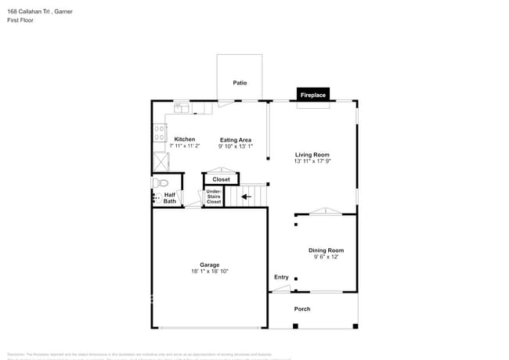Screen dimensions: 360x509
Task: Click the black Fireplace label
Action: click(313, 95)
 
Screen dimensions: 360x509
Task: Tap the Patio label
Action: click(240, 82)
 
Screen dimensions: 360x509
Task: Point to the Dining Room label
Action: click(326, 250)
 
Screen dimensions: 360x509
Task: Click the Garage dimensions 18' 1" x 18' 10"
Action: click(209, 272)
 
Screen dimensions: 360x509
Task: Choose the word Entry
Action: click(281, 277)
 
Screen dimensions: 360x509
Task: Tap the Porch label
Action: click(302, 309)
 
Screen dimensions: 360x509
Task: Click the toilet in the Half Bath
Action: click(155, 182)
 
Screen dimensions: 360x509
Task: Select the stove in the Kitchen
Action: click(160, 132)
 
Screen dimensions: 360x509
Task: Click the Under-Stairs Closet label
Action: click(214, 196)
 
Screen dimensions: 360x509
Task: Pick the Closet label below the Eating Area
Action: click(222, 179)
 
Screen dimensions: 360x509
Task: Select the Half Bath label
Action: click(170, 198)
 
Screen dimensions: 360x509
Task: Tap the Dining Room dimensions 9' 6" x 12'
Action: click(326, 257)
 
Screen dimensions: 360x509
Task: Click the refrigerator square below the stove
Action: click(161, 160)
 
